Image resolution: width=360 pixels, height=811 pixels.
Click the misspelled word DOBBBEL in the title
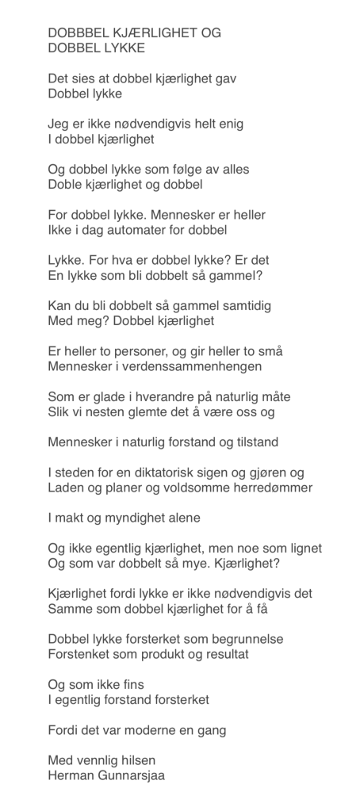pos(77,33)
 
